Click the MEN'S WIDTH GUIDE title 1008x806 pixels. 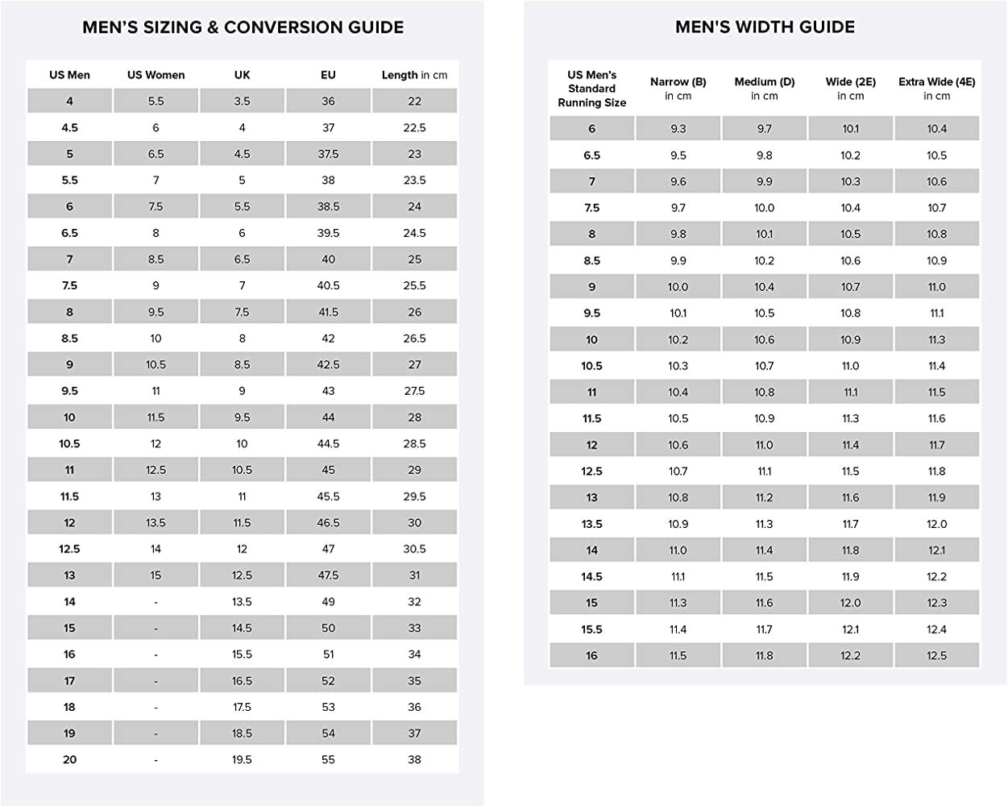click(x=765, y=27)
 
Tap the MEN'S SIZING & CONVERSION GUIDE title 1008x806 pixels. click(x=243, y=27)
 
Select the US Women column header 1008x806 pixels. click(x=156, y=75)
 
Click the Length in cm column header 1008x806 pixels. click(x=414, y=75)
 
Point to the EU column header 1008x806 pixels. click(x=328, y=75)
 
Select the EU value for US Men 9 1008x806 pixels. click(x=328, y=364)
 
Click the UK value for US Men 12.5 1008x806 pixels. click(x=242, y=549)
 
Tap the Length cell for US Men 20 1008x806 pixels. click(x=414, y=759)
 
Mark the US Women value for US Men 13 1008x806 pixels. click(x=156, y=575)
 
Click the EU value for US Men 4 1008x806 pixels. click(x=328, y=102)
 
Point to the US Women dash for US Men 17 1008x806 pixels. click(x=156, y=681)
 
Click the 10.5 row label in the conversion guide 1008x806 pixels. click(x=69, y=444)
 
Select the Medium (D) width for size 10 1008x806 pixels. click(x=764, y=339)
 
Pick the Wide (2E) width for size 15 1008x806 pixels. click(x=850, y=603)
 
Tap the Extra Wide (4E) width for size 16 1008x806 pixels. click(x=936, y=655)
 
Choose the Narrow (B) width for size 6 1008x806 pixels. click(x=678, y=129)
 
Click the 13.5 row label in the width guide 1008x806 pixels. click(x=591, y=524)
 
